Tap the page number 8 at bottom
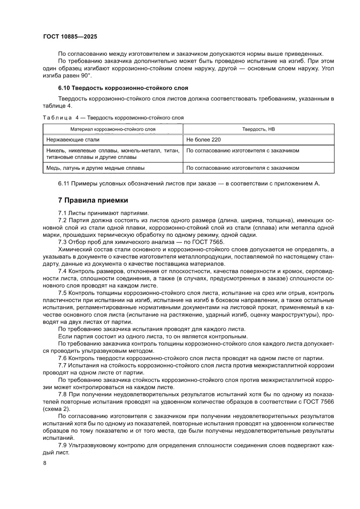click(44, 463)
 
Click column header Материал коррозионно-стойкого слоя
click(113, 129)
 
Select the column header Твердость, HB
click(258, 129)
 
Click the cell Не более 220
click(203, 140)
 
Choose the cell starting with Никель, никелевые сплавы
click(113, 154)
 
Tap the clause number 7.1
click(63, 213)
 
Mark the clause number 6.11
click(64, 183)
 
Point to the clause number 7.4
click(63, 270)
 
